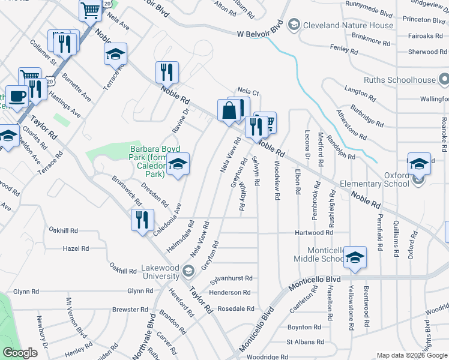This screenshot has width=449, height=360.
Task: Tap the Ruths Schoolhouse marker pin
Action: (x=444, y=79)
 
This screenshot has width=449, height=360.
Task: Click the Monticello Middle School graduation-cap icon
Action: (x=355, y=257)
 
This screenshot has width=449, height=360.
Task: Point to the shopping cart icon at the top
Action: (x=90, y=10)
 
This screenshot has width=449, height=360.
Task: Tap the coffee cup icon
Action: (x=17, y=96)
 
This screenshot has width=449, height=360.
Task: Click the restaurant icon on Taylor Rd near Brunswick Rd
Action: (x=142, y=219)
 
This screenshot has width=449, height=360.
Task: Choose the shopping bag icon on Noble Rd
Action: (x=229, y=110)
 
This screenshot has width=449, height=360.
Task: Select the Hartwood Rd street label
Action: (x=313, y=233)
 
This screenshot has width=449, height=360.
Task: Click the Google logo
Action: (x=20, y=352)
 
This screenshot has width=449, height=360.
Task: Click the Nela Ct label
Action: (x=247, y=93)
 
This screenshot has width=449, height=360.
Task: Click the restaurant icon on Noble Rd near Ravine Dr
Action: (x=167, y=73)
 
